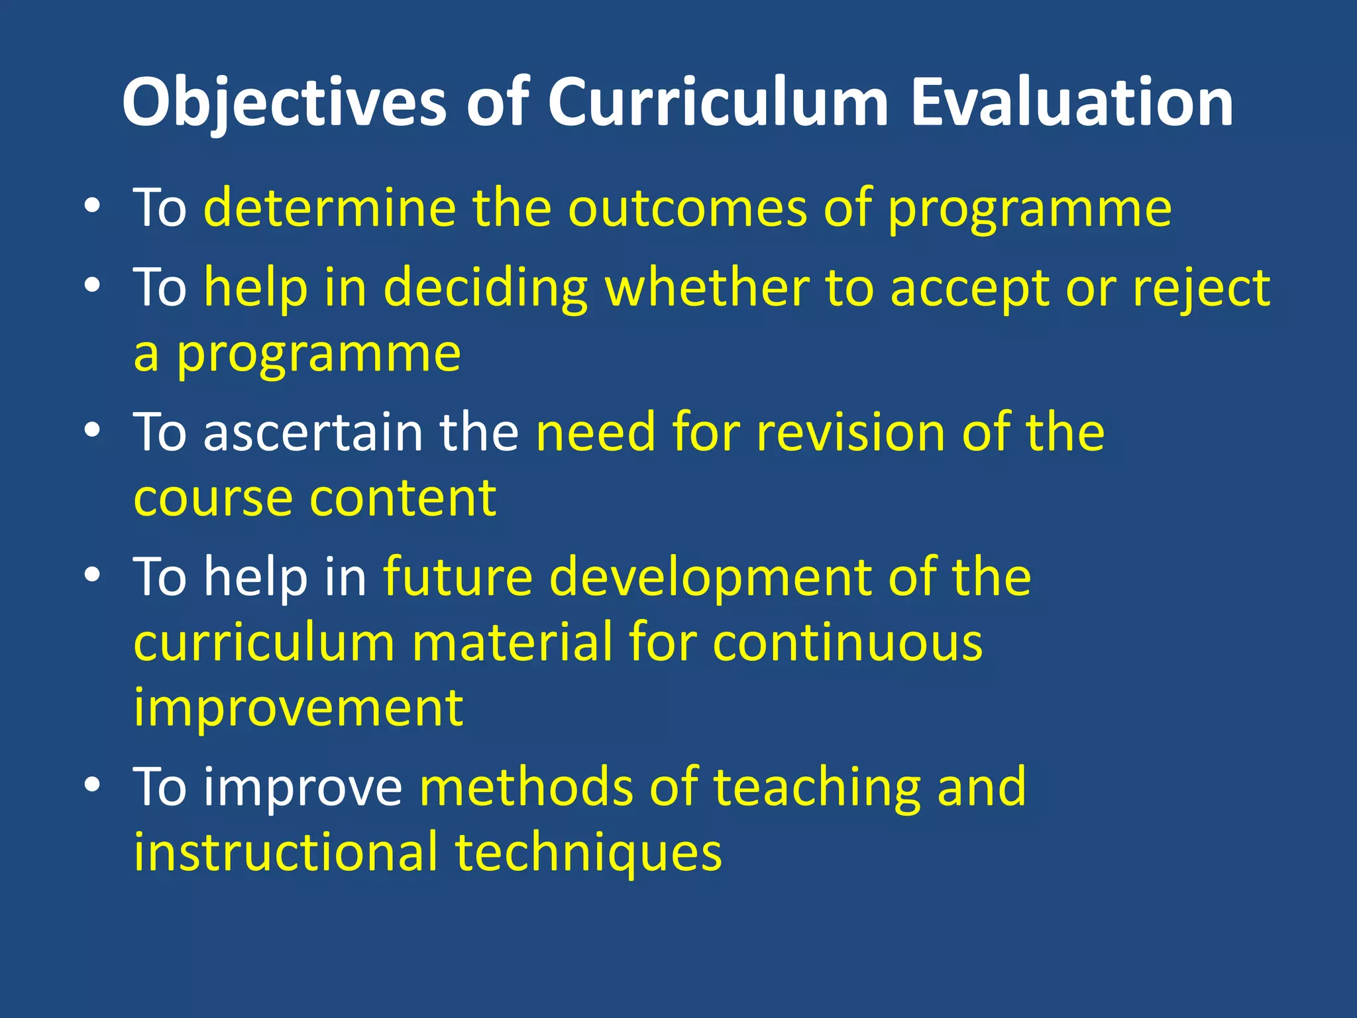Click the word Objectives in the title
point(285,103)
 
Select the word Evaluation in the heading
point(1071,103)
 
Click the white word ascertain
point(313,432)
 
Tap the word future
point(458,576)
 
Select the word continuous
point(847,642)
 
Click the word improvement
point(298,708)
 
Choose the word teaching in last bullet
point(816,788)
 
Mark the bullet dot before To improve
point(93,785)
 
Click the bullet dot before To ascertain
point(93,431)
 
